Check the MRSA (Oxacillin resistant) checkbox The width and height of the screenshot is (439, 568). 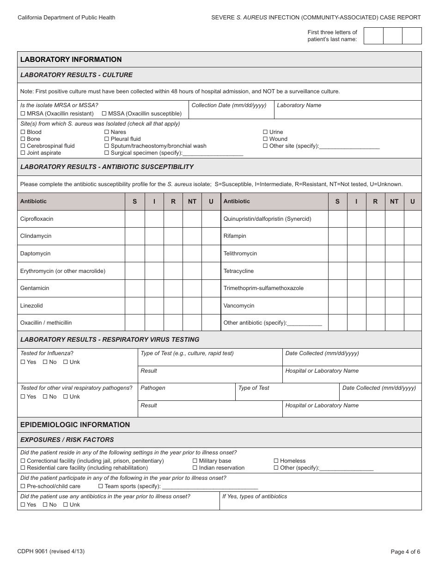23,114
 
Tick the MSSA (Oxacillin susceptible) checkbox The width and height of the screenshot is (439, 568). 104,114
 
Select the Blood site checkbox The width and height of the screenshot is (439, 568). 23,132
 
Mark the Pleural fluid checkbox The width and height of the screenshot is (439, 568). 107,139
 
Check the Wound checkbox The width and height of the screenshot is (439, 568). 265,139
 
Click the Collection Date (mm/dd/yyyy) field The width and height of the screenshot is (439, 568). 231,113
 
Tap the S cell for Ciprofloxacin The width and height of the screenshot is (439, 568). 135,219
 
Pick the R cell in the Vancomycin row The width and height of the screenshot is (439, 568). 375,306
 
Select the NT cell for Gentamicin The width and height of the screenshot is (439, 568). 192,288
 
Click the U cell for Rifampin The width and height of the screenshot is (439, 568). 413,236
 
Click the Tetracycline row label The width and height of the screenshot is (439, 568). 238,271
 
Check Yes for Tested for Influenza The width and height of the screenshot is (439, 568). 23,362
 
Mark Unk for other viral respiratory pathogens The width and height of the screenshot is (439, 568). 66,397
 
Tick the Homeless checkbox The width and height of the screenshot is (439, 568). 276,461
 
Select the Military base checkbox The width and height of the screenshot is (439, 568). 195,461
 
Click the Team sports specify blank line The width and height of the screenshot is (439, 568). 210,486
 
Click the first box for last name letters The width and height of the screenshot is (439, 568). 373,36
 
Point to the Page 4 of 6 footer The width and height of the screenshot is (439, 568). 405,551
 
